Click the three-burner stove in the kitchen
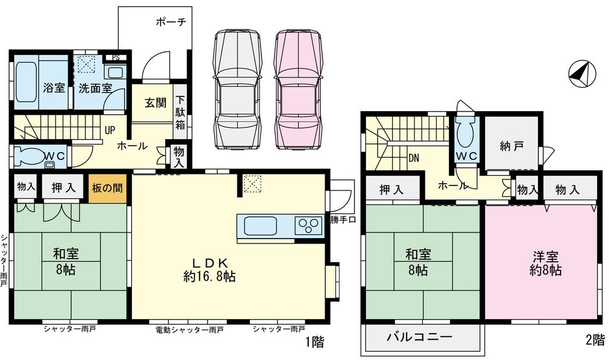309,226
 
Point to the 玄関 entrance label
155,103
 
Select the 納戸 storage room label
511,146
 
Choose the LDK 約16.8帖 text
209,269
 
